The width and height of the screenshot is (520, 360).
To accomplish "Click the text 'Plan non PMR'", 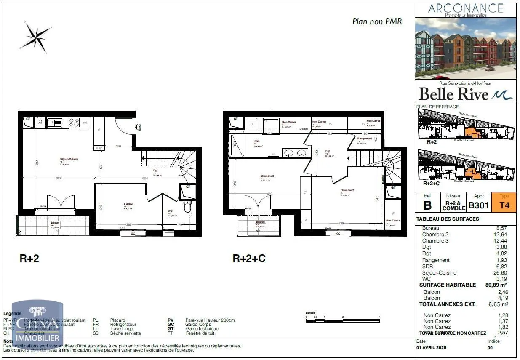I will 377,21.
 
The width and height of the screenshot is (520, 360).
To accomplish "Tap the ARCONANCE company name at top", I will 466,8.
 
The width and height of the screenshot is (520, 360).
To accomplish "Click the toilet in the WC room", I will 188,206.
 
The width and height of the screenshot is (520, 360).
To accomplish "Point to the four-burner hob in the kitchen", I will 74,123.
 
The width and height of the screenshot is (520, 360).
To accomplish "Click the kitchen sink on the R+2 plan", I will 54,123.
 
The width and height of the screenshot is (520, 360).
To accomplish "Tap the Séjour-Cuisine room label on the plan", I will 69,159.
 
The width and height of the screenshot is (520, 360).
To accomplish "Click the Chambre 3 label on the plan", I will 267,176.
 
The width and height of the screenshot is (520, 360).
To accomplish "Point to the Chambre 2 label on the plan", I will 347,190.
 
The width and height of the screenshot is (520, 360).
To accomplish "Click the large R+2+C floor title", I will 249,259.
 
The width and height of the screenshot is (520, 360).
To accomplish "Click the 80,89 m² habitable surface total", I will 497,285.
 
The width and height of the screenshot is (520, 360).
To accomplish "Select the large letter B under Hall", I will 427,205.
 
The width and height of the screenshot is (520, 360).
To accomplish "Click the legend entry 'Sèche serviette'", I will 125,333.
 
